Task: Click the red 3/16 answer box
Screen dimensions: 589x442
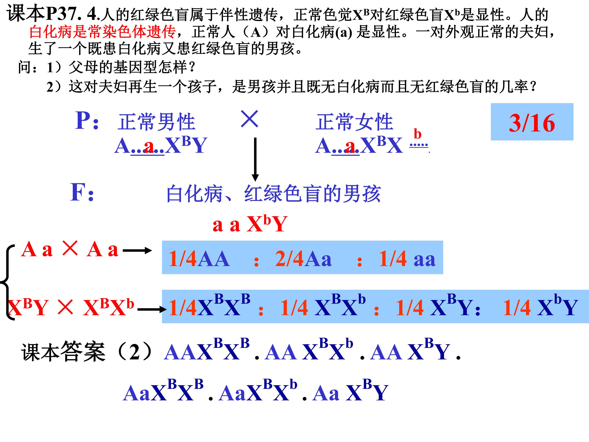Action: click(x=532, y=122)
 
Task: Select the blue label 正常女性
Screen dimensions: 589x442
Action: click(x=354, y=122)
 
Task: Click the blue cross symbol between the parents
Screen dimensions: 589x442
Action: click(x=250, y=119)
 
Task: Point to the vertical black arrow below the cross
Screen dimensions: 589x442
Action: click(x=255, y=159)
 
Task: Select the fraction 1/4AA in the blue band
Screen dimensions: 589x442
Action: click(x=199, y=258)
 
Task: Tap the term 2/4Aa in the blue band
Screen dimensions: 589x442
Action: click(x=303, y=258)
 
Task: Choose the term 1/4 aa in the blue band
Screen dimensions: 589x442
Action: click(x=407, y=258)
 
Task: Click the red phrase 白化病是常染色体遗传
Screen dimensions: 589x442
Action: click(x=102, y=32)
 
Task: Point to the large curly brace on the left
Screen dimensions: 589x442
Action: click(x=7, y=282)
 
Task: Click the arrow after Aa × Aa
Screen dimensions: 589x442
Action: click(x=137, y=250)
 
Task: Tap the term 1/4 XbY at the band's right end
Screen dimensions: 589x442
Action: click(x=540, y=305)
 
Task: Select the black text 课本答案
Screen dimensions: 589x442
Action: click(x=63, y=352)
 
